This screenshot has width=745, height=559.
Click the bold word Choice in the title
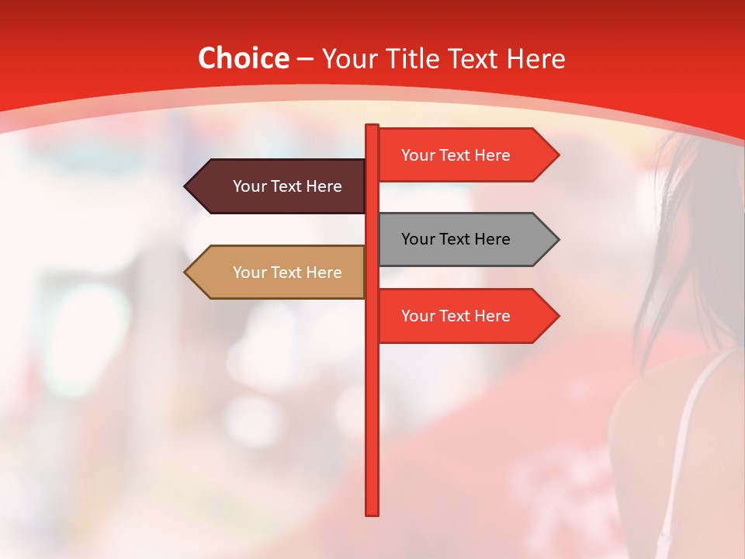point(243,58)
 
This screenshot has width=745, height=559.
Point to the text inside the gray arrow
point(456,239)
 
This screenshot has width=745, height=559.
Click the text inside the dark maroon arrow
point(287,186)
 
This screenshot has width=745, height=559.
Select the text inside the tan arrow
point(287,273)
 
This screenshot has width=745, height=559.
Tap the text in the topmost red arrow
point(456,155)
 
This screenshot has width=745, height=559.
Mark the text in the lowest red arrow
point(456,316)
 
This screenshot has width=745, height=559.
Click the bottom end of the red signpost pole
point(372,512)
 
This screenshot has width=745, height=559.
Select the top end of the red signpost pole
point(372,127)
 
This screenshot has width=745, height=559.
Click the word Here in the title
point(535,58)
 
